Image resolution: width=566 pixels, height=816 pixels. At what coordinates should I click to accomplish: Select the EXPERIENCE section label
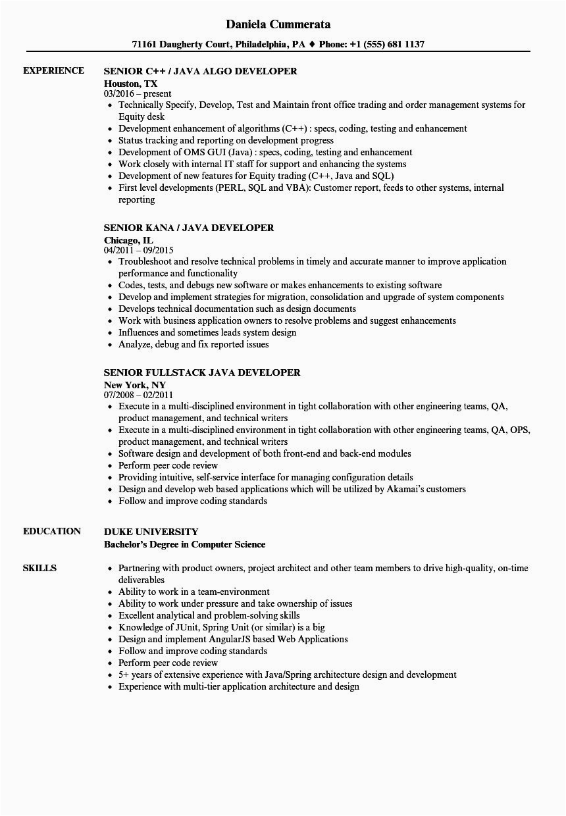click(x=53, y=70)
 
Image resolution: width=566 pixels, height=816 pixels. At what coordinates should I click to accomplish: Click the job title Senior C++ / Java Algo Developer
click(x=200, y=71)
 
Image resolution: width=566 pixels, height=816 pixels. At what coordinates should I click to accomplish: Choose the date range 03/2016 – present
click(x=138, y=94)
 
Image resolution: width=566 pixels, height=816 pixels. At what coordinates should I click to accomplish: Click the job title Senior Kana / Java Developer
click(x=189, y=228)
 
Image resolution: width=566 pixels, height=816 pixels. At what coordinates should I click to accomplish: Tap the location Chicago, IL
click(x=128, y=240)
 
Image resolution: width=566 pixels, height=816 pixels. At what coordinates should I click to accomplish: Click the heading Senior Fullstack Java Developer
click(x=202, y=372)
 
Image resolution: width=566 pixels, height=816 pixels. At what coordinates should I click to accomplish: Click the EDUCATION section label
click(x=52, y=531)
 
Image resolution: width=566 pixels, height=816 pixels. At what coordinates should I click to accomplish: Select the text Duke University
click(x=151, y=532)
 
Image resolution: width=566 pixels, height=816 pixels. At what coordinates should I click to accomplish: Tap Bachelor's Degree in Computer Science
click(x=185, y=544)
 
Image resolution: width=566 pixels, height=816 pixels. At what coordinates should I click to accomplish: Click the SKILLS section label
click(x=39, y=568)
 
